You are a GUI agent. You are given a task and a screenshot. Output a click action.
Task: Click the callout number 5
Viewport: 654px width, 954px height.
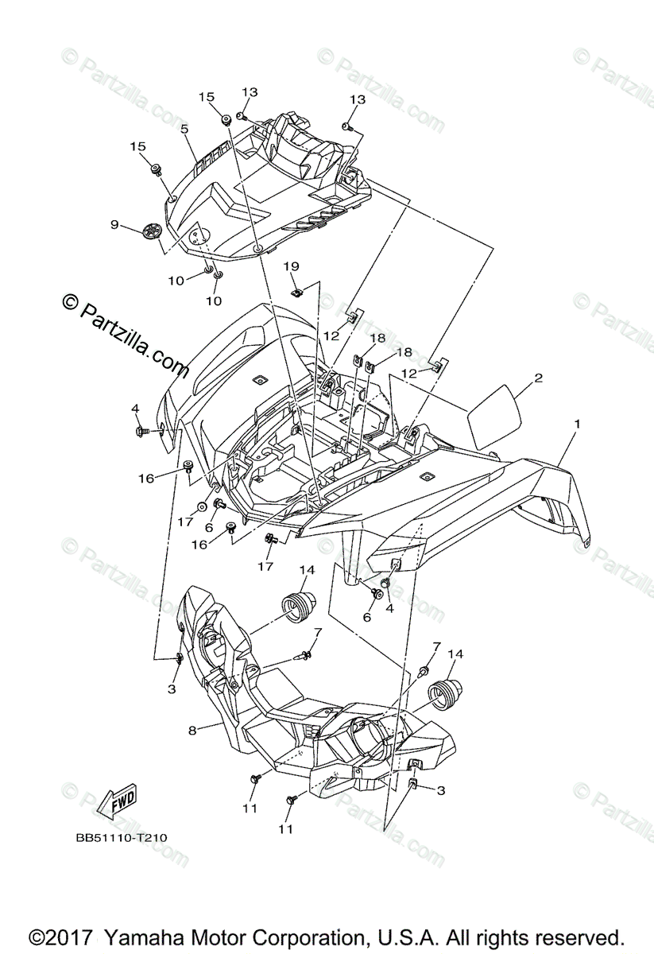click(184, 128)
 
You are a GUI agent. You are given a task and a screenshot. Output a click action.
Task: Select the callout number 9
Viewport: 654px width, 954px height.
click(115, 225)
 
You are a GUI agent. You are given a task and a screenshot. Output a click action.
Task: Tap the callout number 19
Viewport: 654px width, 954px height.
click(291, 266)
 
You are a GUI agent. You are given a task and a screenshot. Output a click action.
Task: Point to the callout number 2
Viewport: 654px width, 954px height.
click(538, 378)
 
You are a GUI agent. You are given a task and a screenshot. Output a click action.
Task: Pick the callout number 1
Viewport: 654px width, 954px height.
click(578, 424)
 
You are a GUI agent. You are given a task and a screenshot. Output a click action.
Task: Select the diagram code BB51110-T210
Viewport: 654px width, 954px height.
click(122, 837)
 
